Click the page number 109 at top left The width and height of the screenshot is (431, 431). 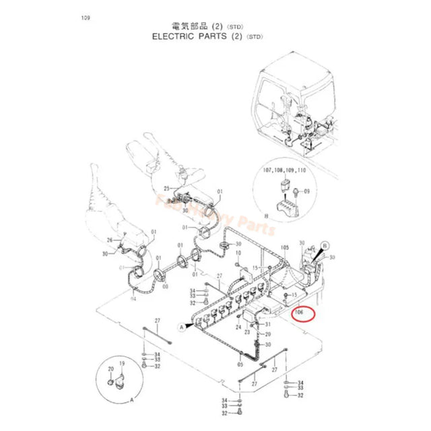(x=84, y=18)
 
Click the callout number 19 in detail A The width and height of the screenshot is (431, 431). (x=122, y=364)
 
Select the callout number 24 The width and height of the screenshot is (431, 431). (x=238, y=327)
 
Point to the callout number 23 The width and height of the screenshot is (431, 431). (x=247, y=332)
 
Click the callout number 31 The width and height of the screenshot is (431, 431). (x=267, y=325)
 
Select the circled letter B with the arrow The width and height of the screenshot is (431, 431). (x=325, y=246)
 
